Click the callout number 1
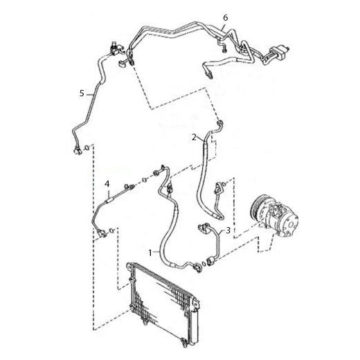(x=150, y=253)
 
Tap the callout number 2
(x=194, y=137)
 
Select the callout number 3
(x=228, y=230)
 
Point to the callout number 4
(x=107, y=184)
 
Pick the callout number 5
(x=82, y=93)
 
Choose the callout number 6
(x=226, y=17)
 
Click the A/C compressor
(x=275, y=216)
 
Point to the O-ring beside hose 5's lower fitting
(x=87, y=147)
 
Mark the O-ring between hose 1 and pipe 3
(x=204, y=264)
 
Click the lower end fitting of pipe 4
(x=102, y=233)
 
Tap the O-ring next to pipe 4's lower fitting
(x=111, y=230)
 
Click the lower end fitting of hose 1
(x=197, y=267)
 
